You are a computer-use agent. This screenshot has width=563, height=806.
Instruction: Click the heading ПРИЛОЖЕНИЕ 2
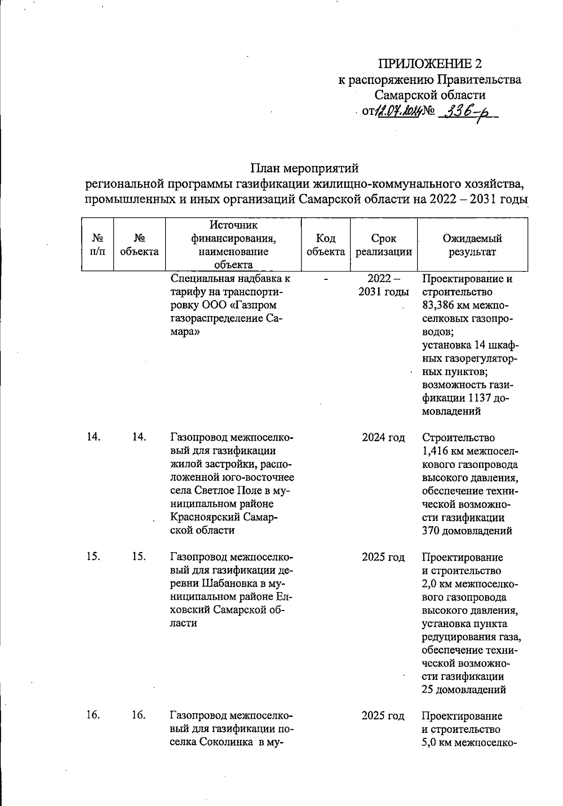click(x=430, y=64)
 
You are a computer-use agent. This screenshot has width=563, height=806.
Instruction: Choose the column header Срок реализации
click(x=383, y=245)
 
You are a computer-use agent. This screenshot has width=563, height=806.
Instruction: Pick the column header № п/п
click(x=97, y=245)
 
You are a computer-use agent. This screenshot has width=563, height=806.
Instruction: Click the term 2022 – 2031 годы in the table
click(x=383, y=285)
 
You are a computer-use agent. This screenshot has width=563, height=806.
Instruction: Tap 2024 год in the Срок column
click(x=383, y=437)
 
